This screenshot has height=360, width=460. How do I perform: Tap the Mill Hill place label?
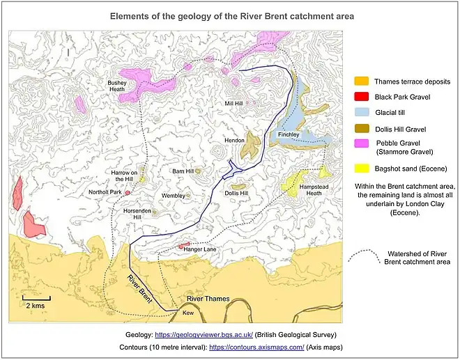pyautogui.click(x=233, y=104)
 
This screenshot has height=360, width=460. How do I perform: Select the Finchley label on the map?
pyautogui.click(x=288, y=134)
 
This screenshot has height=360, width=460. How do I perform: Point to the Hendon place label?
pyautogui.click(x=234, y=141)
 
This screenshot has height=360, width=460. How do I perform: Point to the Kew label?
pyautogui.click(x=187, y=313)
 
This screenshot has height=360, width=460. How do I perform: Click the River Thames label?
pyautogui.click(x=206, y=299)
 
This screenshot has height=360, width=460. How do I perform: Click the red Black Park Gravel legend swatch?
pyautogui.click(x=361, y=97)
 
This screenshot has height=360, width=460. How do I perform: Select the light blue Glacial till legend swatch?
pyautogui.click(x=361, y=113)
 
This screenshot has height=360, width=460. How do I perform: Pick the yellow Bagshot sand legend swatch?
pyautogui.click(x=361, y=169)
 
